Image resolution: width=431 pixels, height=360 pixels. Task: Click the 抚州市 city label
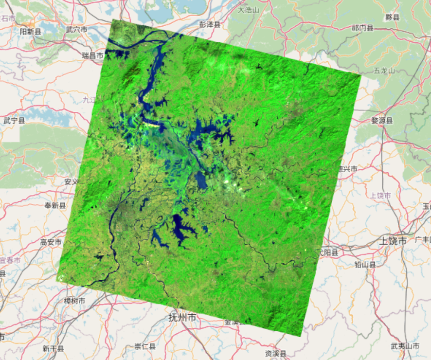point(182,318)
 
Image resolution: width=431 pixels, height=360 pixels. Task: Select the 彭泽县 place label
point(210,24)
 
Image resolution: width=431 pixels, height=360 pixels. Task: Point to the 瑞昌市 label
point(92,55)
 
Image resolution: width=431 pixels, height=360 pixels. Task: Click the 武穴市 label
point(76,30)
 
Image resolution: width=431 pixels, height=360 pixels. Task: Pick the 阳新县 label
point(31,32)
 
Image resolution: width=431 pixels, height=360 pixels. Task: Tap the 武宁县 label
point(14,120)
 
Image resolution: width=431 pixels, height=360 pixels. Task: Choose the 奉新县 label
point(55,205)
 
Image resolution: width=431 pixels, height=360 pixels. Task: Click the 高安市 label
point(51,242)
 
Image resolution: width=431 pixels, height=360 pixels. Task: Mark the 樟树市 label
point(74,301)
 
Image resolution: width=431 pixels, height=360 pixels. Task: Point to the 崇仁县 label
point(145,346)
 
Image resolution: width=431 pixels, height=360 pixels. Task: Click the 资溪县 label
point(275,353)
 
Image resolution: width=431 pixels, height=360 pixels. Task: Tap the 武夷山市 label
point(405,346)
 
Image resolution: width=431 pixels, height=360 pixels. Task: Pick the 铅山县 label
point(365,265)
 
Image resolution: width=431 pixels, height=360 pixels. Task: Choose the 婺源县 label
point(382,120)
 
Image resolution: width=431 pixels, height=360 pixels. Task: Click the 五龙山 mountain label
point(384,71)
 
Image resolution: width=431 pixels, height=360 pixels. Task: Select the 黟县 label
point(392,17)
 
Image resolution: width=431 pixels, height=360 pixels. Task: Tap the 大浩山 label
point(248,9)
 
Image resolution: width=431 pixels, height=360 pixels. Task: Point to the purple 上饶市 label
point(380,196)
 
